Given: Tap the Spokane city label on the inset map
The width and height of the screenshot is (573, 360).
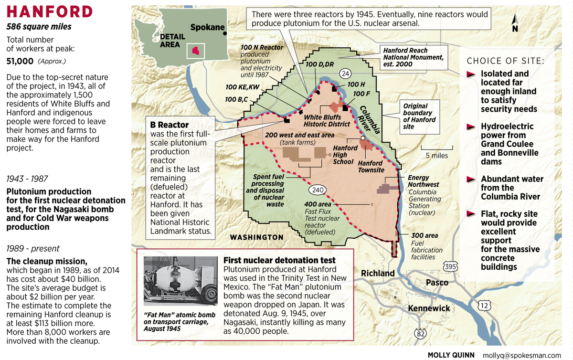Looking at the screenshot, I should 207,28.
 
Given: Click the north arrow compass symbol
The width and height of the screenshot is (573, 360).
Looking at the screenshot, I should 515,23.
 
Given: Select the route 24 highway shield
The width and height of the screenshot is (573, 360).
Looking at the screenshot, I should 346,74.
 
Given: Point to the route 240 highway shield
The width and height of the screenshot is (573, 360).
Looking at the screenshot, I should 317,190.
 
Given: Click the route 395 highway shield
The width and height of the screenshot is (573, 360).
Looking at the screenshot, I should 450,266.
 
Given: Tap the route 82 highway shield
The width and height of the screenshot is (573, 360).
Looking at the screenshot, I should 420,334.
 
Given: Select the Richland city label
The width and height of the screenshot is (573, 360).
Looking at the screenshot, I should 378,274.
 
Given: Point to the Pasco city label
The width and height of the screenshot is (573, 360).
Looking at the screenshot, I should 437,282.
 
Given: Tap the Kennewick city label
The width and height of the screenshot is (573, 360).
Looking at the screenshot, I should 429,308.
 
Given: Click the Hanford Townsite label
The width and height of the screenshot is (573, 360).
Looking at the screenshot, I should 371,166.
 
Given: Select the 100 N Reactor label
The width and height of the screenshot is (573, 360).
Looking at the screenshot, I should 262,47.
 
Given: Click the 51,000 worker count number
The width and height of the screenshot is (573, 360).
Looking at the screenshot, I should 20,61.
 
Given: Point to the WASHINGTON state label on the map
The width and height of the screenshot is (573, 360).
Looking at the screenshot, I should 256,237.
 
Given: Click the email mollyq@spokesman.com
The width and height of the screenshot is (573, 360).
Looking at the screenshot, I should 522,355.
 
